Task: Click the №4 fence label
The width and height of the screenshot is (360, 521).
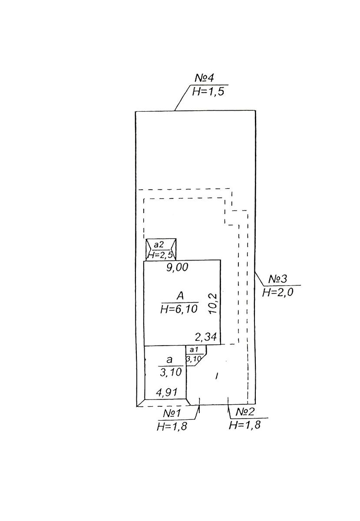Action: [204, 78]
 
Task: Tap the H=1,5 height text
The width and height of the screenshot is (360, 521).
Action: [208, 92]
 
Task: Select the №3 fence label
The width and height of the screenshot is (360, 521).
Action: [277, 279]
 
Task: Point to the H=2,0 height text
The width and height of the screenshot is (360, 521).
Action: [277, 292]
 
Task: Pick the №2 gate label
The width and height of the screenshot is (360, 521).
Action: [244, 412]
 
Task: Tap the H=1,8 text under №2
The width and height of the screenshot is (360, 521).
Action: [244, 425]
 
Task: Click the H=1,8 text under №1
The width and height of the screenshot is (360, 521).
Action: [172, 426]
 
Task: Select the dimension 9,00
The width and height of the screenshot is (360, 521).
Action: [177, 267]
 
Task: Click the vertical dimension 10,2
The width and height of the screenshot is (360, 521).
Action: [213, 303]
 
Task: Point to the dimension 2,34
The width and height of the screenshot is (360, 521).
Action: [206, 336]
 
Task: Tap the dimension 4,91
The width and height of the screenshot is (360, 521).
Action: [167, 393]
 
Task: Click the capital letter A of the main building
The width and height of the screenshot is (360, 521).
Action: [180, 296]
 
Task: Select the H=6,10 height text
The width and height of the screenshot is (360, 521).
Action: [179, 309]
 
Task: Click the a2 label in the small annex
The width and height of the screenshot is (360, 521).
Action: [159, 244]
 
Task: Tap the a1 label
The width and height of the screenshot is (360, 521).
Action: [194, 350]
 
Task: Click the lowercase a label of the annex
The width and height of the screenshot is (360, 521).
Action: [169, 359]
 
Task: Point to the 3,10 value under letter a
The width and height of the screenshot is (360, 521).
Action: [171, 373]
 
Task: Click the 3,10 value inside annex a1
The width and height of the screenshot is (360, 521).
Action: [193, 359]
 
